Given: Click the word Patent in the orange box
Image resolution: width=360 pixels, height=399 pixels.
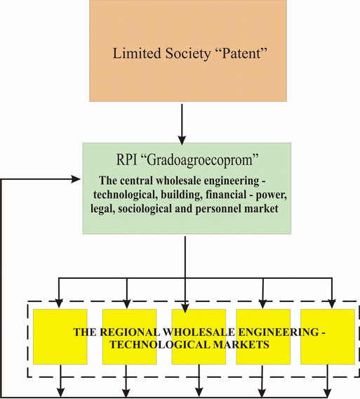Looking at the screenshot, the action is click(x=242, y=53).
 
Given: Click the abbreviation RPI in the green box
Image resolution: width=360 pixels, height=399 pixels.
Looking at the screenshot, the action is click(x=126, y=159).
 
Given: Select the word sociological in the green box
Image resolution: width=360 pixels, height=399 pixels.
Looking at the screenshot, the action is click(x=152, y=209).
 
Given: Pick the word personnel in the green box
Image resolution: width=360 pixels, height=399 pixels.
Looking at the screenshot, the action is click(x=218, y=209).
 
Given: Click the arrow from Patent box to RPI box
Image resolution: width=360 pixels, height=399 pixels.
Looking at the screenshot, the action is click(x=182, y=124).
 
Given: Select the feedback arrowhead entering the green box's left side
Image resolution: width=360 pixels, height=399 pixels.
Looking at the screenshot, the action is click(x=76, y=179).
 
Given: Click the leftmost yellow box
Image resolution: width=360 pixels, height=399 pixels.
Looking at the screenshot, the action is click(x=60, y=336).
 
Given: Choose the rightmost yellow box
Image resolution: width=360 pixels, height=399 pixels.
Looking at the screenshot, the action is click(x=328, y=336).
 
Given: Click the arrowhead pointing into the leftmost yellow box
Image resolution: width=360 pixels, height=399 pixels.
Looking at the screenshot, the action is click(x=59, y=304).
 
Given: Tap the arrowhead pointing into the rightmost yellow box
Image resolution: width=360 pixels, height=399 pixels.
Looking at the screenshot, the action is click(x=332, y=304).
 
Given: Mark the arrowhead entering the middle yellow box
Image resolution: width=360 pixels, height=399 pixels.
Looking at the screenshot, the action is click(x=185, y=308).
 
